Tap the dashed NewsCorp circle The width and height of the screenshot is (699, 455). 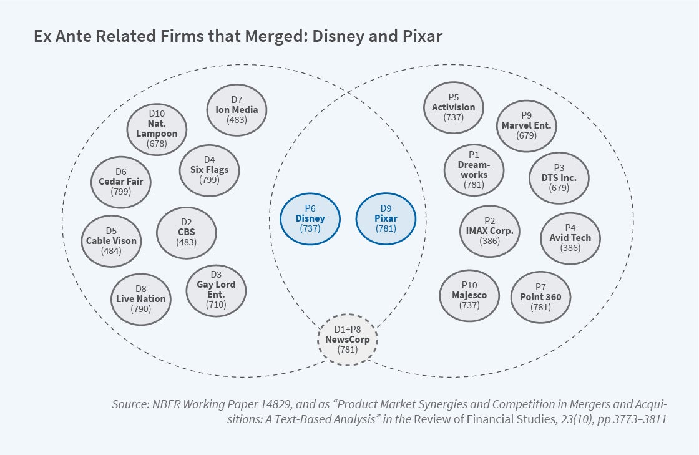tap(348, 340)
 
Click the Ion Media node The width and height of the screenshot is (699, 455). tap(237, 110)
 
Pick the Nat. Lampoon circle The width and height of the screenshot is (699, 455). tap(157, 129)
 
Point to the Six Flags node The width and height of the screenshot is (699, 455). tap(209, 170)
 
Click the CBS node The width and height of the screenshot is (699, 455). tap(186, 232)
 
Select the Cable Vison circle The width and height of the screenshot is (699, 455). tap(111, 241)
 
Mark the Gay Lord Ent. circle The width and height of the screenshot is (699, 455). tap(216, 290)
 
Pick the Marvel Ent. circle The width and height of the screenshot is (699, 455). tap(526, 125)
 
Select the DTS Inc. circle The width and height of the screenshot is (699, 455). tap(559, 178)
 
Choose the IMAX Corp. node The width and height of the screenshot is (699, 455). tap(490, 231)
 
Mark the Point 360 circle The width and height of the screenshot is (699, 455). tap(540, 297)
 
